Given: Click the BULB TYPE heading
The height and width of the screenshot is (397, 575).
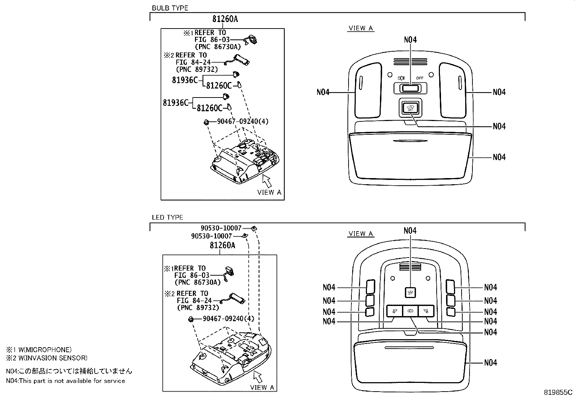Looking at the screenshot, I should pyautogui.click(x=170, y=8).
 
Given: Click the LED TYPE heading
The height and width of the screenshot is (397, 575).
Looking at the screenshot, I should pyautogui.click(x=168, y=217).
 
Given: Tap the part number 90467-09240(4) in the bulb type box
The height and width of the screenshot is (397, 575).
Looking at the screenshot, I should pyautogui.click(x=242, y=121).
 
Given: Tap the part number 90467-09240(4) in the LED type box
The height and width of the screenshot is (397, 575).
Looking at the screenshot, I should pyautogui.click(x=228, y=319).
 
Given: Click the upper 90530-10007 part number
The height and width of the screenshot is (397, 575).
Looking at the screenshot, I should pyautogui.click(x=221, y=228).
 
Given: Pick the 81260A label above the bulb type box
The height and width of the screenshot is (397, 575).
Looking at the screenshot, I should pyautogui.click(x=225, y=19).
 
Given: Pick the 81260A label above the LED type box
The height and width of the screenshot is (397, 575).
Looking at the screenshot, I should pyautogui.click(x=222, y=245).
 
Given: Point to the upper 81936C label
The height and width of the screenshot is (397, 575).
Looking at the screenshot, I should pyautogui.click(x=185, y=80).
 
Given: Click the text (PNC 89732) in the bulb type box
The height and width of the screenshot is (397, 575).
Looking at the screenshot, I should pyautogui.click(x=197, y=69).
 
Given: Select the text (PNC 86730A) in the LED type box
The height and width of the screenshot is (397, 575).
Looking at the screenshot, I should pyautogui.click(x=197, y=282).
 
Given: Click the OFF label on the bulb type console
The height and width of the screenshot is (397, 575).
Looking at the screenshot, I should pyautogui.click(x=419, y=78).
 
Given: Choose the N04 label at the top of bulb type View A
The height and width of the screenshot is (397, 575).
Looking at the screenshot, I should pyautogui.click(x=410, y=40).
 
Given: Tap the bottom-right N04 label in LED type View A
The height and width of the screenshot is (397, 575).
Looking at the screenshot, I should pyautogui.click(x=490, y=362).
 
